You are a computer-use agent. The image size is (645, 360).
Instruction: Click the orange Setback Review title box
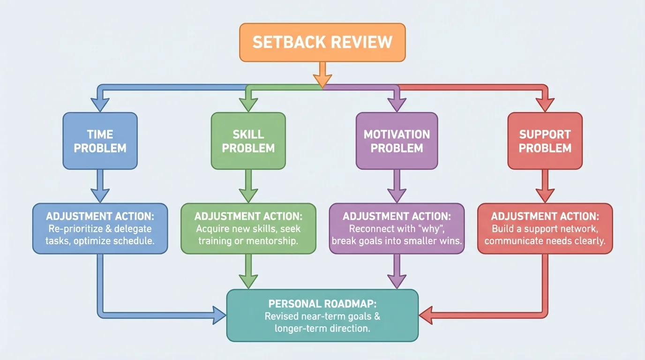(322, 42)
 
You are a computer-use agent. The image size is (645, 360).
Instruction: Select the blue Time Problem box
(100, 141)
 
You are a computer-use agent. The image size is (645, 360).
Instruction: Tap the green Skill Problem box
(248, 141)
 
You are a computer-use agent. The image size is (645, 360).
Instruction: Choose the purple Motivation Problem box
(397, 141)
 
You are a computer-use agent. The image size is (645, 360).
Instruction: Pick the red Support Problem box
(545, 141)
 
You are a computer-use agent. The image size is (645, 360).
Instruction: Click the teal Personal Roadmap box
(322, 315)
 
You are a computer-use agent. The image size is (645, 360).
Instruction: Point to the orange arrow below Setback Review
(322, 75)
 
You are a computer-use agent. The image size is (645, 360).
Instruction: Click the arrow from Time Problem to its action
(100, 186)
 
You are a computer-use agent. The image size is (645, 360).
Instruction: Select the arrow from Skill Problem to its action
(248, 186)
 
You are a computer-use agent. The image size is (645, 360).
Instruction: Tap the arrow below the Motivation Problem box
(397, 186)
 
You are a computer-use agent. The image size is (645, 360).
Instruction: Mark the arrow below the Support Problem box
(545, 186)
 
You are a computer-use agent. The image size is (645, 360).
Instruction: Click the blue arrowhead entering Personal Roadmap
(219, 315)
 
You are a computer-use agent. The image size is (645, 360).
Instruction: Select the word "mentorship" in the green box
(277, 241)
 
